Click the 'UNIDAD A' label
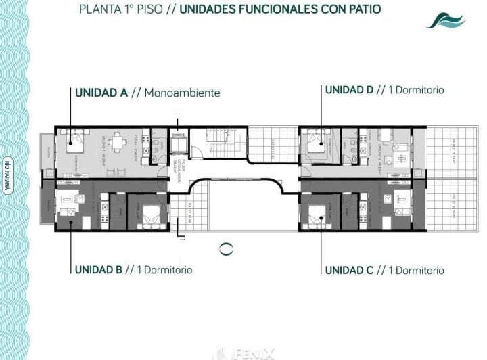[101, 93]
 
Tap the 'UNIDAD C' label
[349, 270]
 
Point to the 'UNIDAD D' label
[350, 89]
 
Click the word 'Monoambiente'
[182, 93]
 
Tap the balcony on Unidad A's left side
[47, 152]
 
